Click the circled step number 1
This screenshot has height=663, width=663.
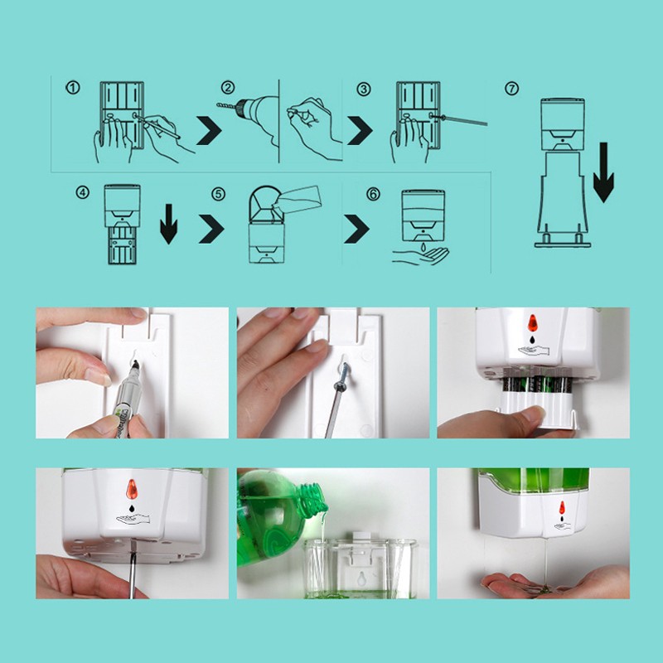click(73, 88)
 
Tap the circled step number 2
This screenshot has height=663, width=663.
click(228, 88)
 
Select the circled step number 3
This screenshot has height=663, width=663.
click(364, 90)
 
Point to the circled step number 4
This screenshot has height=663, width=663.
click(82, 192)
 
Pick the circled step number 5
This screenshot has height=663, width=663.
click(218, 194)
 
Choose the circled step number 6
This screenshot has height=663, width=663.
click(373, 194)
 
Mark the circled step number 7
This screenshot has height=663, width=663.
click(511, 89)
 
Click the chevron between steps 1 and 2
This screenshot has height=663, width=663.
click(209, 130)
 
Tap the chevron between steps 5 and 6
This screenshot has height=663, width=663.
click(356, 229)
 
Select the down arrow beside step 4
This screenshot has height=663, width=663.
click(169, 224)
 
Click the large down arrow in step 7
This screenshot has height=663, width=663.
click(603, 172)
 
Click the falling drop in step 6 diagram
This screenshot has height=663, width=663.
click(422, 246)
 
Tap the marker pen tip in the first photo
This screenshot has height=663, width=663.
click(135, 363)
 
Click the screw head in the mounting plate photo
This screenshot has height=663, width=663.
click(341, 385)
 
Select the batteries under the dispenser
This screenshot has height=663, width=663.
click(536, 385)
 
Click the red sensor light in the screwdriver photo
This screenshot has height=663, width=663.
click(132, 489)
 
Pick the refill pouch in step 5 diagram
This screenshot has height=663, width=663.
click(298, 200)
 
